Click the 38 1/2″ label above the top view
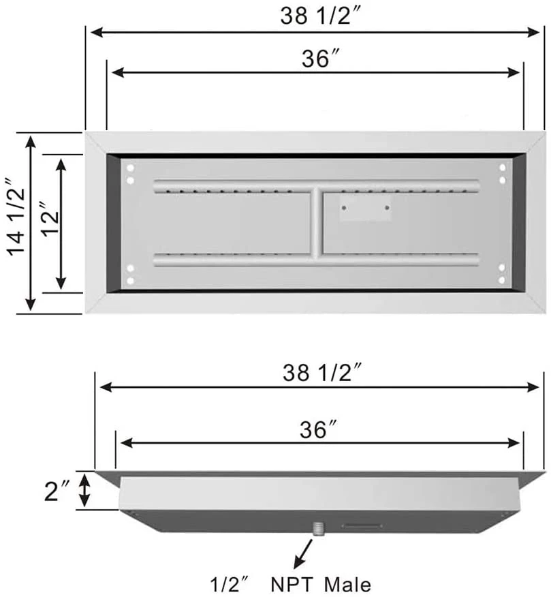(x=319, y=16)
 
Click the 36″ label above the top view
(x=319, y=59)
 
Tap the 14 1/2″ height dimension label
(x=16, y=217)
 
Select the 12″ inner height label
(x=50, y=219)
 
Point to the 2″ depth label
(x=57, y=491)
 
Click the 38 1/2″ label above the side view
(x=321, y=372)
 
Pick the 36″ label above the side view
(x=318, y=430)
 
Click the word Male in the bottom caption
(x=347, y=585)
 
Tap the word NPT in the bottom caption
(x=292, y=585)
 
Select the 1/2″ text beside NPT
(x=229, y=585)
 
